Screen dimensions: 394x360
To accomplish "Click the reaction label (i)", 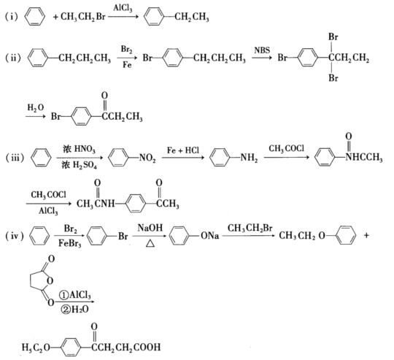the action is pos(12,17).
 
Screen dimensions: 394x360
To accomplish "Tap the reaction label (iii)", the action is pos(15,158).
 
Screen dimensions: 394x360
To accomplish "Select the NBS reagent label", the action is pos(262,50).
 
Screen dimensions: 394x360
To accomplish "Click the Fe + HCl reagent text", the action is pos(183,150).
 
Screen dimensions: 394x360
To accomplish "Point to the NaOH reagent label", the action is pos(150,228).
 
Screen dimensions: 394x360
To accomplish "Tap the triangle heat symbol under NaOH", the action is pos(150,243).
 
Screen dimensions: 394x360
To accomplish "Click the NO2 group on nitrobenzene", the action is pos(147,158).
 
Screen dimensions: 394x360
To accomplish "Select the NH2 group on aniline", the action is pos(249,158).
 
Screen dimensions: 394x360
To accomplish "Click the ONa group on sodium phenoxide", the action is pos(210,236).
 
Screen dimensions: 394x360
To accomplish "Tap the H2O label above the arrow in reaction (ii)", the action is pos(36,107).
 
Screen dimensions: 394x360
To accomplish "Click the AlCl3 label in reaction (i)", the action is pos(123,8).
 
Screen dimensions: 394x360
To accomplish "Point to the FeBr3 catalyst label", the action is pos(69,244).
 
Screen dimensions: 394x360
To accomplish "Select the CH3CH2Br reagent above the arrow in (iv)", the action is pos(250,228).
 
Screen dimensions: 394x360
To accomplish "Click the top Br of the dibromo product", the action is pos(333,37).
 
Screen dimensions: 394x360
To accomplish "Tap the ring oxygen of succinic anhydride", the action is pos(50,280).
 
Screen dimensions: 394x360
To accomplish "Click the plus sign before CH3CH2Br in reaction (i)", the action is pos(55,17).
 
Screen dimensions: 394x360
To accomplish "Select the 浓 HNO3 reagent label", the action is pos(79,149).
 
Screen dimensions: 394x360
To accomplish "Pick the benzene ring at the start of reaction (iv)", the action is pos(39,236).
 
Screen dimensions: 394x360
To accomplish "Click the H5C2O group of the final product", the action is pos(36,348).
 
